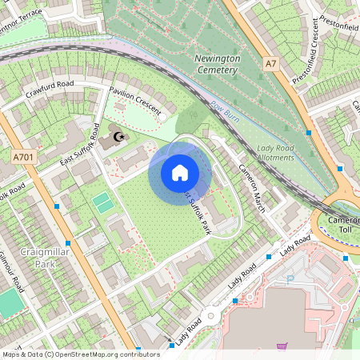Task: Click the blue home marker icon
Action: (x=180, y=172)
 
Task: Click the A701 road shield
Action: (x=22, y=158)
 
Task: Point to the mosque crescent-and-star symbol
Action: (x=118, y=138)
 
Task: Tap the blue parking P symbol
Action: (x=290, y=280)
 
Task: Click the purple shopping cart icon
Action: (x=282, y=346)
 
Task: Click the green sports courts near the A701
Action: (x=104, y=202)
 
